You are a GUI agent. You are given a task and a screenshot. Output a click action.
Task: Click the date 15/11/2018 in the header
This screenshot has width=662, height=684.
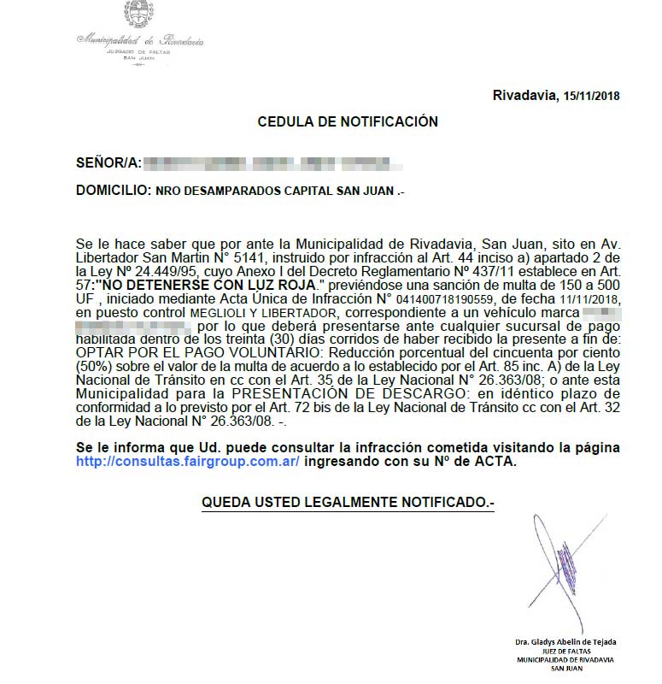pos(591,96)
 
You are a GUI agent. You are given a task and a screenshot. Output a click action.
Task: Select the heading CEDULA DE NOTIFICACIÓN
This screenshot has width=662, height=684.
pos(348,122)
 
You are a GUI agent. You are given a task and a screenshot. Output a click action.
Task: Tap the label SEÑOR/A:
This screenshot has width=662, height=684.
pos(107,162)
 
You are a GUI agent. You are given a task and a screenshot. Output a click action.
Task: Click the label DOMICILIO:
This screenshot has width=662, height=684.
pos(113,192)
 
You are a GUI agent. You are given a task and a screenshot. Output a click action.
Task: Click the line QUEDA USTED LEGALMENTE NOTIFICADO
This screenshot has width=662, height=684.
pos(348,503)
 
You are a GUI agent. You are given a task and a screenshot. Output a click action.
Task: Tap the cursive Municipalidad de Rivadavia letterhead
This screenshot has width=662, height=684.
pos(141,39)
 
